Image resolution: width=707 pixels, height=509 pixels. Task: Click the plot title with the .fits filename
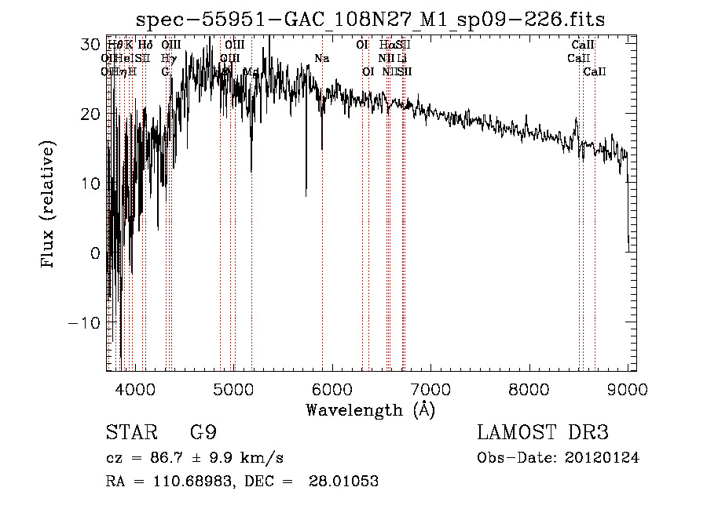point(370,20)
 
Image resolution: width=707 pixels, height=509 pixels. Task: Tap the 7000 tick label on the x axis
point(430,387)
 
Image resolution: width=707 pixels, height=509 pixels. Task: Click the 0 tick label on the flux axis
point(94,253)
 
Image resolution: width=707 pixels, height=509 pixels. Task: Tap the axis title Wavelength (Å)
point(370,409)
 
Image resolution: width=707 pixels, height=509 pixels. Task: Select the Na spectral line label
point(321,59)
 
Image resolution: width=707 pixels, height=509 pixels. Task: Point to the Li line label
point(401,59)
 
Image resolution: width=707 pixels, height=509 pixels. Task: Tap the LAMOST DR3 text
point(542,433)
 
